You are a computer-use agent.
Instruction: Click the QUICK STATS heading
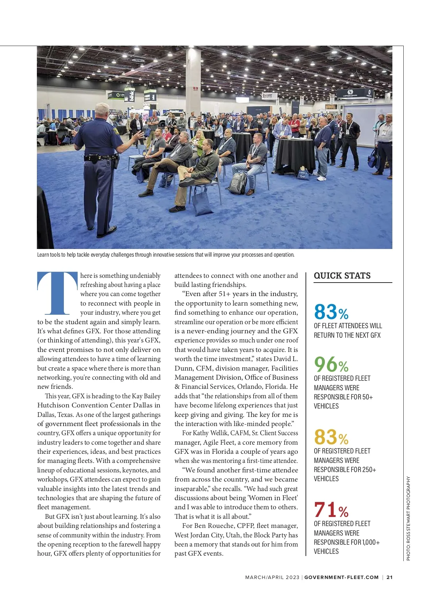pos(342,276)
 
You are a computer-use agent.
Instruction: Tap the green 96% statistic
pos(331,364)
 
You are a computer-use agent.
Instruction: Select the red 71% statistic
pos(331,510)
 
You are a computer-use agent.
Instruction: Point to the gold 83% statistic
pos(331,437)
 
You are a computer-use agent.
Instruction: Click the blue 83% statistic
pos(331,312)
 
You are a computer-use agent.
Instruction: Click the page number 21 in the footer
pos(389,577)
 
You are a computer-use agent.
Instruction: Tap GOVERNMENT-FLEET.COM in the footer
pos(341,577)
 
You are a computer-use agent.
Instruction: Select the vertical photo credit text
pos(408,518)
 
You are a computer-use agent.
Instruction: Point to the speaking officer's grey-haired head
pos(102,111)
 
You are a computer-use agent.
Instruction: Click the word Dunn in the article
pos(182,368)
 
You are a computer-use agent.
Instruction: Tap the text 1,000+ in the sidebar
pos(371,543)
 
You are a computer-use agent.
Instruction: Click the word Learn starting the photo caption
pos(43,255)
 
